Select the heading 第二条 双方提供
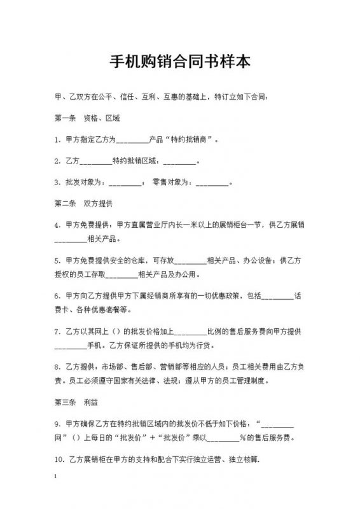pos(83,204)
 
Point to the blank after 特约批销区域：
pos(180,162)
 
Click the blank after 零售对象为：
pos(212,183)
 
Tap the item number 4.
pos(57,225)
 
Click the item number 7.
pos(57,331)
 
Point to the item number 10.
pos(59,459)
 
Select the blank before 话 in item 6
pos(277,296)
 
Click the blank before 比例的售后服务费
pos(190,332)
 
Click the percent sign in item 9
pos(242,438)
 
